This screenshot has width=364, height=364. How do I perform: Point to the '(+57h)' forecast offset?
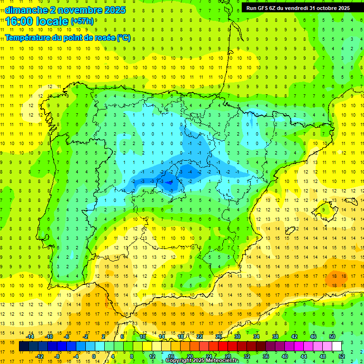(82, 22)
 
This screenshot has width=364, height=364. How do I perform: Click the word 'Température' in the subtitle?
(28, 38)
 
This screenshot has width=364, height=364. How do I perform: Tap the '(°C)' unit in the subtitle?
(124, 38)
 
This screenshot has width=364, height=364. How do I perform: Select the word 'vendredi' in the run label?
(296, 8)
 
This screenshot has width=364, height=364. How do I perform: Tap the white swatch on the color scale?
(337, 346)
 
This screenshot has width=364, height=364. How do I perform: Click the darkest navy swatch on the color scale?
(24, 346)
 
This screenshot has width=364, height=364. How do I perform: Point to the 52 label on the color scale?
(341, 356)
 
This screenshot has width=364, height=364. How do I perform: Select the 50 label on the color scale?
(332, 337)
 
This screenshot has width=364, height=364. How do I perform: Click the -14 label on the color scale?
(30, 337)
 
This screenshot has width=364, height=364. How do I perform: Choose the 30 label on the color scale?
(237, 337)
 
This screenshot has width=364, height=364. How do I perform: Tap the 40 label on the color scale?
(284, 356)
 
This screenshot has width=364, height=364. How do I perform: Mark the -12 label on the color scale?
(39, 356)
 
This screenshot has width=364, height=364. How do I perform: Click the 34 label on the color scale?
(256, 337)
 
